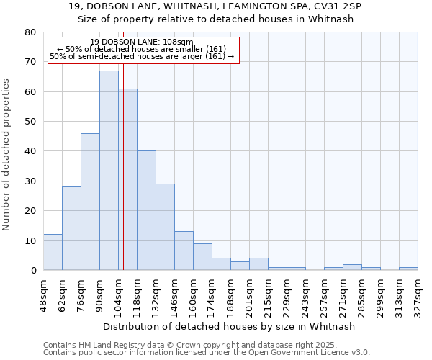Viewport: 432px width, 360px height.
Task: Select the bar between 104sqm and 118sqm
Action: tap(127, 179)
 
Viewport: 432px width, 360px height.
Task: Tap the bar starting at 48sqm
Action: tap(53, 252)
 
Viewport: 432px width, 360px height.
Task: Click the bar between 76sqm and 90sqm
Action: tap(90, 202)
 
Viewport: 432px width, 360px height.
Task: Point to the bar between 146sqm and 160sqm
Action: tap(184, 251)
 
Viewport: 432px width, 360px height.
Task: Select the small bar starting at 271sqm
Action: tap(352, 267)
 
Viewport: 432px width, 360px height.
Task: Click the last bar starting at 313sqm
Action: tap(408, 269)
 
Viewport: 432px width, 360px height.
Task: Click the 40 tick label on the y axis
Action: tap(30, 151)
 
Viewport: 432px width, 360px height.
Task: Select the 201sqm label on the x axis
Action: tap(250, 294)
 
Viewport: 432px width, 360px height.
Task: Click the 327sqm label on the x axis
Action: tap(418, 294)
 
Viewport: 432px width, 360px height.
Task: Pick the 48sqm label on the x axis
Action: tap(44, 292)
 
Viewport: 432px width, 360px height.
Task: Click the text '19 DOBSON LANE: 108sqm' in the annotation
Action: tap(143, 42)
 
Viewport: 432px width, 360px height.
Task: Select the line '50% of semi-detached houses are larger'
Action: tap(143, 56)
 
